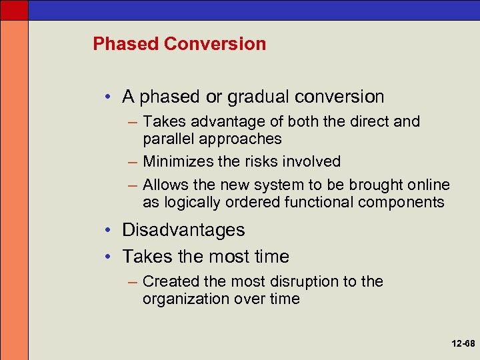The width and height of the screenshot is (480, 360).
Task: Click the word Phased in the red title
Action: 126,44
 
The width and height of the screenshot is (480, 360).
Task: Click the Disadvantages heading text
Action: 183,230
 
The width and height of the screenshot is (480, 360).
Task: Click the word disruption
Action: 306,281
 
